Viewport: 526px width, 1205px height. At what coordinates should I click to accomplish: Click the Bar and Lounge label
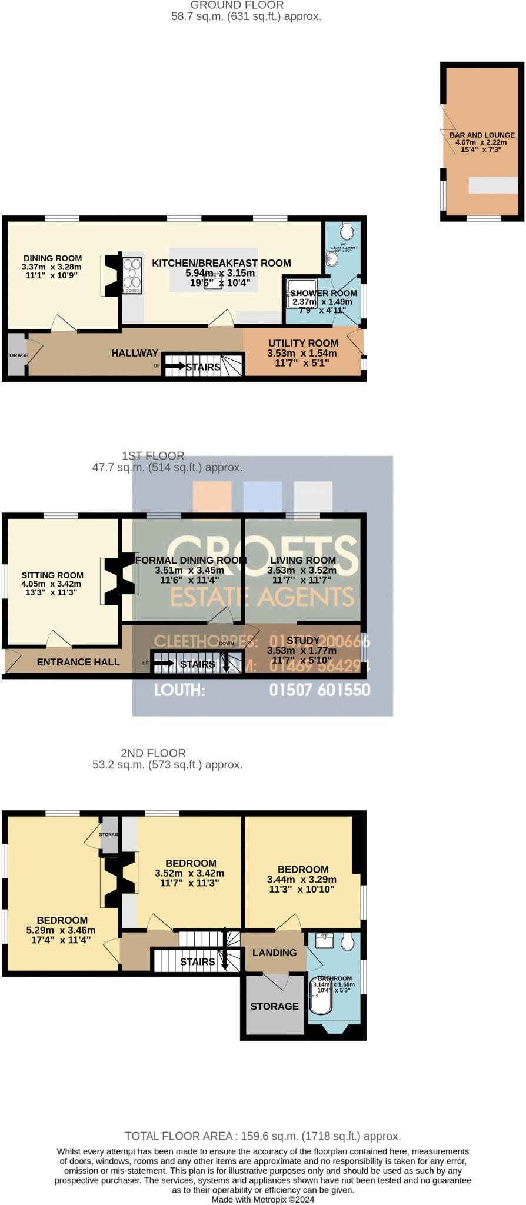482,135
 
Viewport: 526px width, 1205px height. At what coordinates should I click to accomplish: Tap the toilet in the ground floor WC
347,230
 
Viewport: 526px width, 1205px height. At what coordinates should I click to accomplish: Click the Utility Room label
303,343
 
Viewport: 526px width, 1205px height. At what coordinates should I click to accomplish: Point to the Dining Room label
52,258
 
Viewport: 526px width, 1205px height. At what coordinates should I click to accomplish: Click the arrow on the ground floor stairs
174,367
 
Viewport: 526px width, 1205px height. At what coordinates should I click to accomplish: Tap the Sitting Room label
52,575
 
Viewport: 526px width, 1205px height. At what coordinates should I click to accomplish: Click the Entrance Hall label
78,662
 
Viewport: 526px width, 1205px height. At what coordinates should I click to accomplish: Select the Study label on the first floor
303,640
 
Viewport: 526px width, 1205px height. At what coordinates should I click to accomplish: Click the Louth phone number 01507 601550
319,690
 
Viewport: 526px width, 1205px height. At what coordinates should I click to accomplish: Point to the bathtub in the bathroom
321,996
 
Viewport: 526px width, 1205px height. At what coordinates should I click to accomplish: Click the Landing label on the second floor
274,953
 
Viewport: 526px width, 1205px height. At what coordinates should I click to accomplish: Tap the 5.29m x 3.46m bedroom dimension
61,930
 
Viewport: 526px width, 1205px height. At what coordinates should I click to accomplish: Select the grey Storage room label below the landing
274,1006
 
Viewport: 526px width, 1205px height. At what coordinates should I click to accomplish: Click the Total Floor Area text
262,1136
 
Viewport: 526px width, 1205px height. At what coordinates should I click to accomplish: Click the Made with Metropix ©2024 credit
262,1199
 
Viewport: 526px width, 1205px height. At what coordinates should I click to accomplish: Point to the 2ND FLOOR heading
153,753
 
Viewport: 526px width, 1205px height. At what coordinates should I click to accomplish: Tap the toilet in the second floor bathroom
348,942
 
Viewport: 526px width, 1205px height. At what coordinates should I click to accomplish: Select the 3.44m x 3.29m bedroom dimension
302,880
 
